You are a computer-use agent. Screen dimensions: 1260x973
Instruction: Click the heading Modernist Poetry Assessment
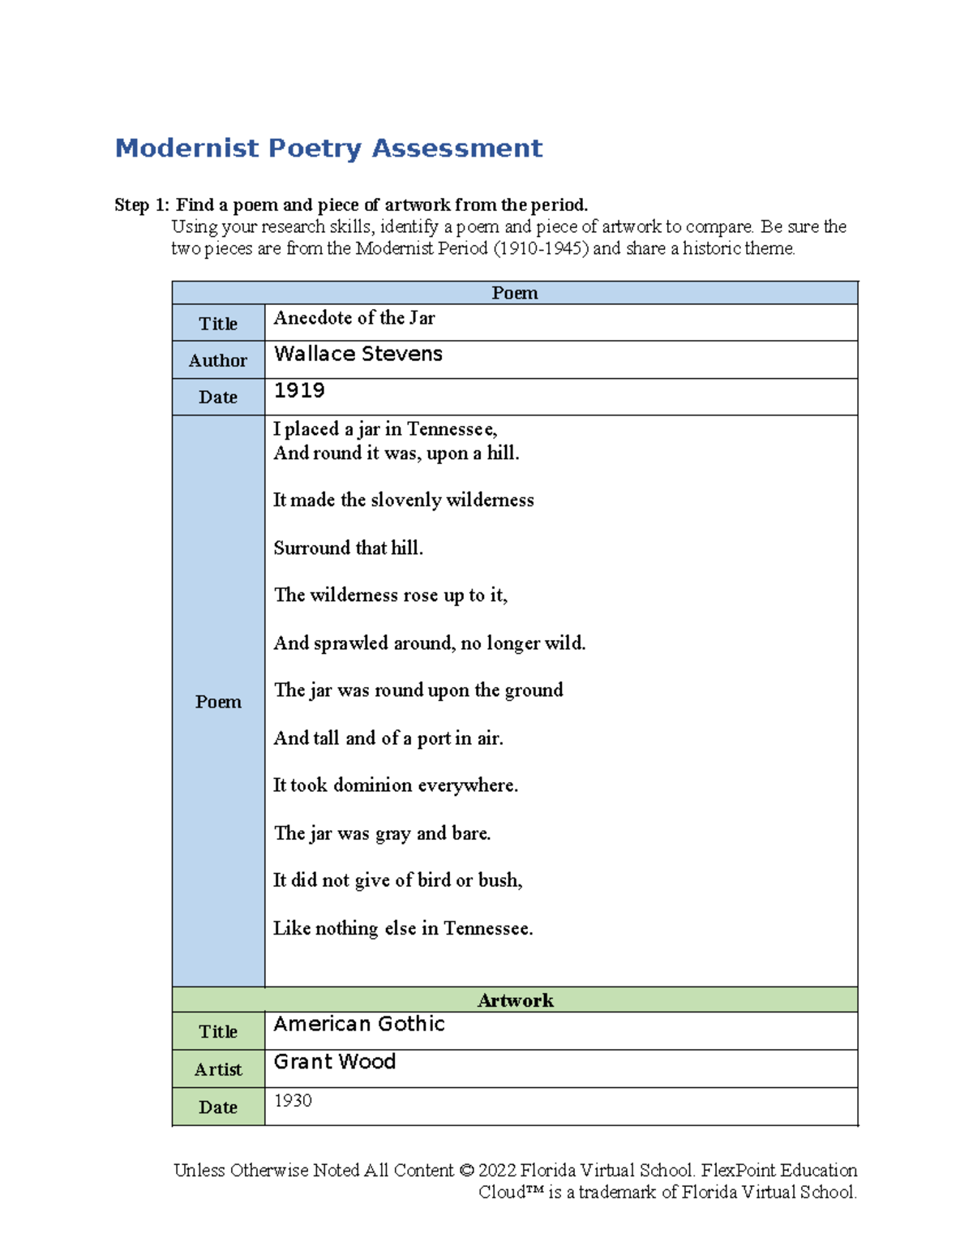tap(328, 148)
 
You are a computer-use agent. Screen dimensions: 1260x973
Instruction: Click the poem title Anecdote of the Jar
tap(354, 318)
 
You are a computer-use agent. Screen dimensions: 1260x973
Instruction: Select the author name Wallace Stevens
tap(358, 354)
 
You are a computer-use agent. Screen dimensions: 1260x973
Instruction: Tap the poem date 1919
tap(299, 391)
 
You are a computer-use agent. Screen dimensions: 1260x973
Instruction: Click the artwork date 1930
tap(293, 1101)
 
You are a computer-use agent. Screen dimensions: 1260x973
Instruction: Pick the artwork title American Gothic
tap(359, 1025)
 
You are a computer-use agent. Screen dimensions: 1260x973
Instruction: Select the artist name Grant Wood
tap(335, 1062)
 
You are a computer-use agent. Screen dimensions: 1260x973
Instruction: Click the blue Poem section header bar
tap(514, 293)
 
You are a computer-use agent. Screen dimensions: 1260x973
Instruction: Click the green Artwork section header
tap(514, 1000)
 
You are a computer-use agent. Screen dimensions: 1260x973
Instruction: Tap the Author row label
tap(218, 360)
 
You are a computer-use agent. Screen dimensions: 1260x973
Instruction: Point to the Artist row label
tap(218, 1069)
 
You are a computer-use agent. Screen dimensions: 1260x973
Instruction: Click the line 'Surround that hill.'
tap(348, 548)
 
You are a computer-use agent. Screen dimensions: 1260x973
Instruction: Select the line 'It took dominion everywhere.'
tap(396, 785)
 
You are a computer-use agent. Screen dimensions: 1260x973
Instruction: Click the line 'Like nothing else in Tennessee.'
tap(403, 928)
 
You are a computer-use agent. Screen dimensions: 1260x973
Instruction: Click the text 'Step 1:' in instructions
tap(142, 205)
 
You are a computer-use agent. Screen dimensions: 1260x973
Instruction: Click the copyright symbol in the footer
tap(465, 1171)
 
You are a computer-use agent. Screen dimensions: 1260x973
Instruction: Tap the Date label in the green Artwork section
tap(218, 1107)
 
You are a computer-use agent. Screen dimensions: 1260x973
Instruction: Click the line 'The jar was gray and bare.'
tap(382, 833)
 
